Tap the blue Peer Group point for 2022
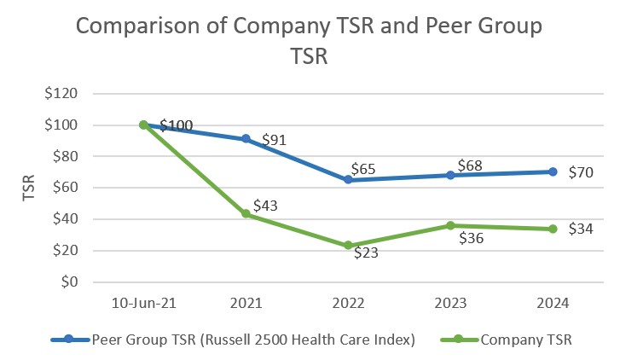(x=348, y=180)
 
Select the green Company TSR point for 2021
(x=246, y=214)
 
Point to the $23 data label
(x=369, y=253)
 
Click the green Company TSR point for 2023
(x=450, y=225)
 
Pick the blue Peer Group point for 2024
(x=553, y=171)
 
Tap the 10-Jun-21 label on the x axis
(x=143, y=303)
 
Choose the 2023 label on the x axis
(x=450, y=303)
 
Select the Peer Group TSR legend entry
(x=233, y=339)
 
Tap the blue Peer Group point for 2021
(x=246, y=139)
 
